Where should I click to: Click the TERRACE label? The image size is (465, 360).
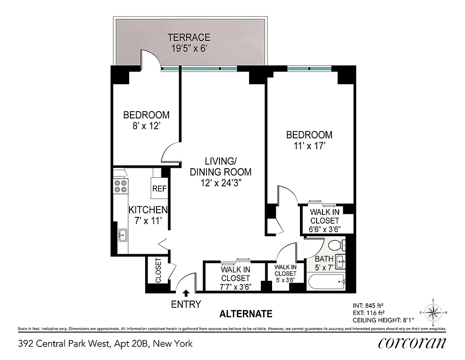point(189,37)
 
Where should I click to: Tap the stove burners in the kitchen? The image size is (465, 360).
point(121,186)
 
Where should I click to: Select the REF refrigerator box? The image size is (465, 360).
point(159,189)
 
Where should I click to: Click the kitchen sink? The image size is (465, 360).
point(122,235)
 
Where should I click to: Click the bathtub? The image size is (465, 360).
point(326,282)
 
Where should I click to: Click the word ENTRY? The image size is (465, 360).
point(186,305)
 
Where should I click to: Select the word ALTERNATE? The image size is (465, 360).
point(246,314)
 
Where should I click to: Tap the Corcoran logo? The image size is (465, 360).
point(412,343)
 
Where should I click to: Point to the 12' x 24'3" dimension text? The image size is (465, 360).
point(221,183)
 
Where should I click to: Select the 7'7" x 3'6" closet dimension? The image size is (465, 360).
point(235,286)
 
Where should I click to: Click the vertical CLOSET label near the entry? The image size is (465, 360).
point(158,270)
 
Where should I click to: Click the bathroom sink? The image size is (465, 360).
point(341,261)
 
